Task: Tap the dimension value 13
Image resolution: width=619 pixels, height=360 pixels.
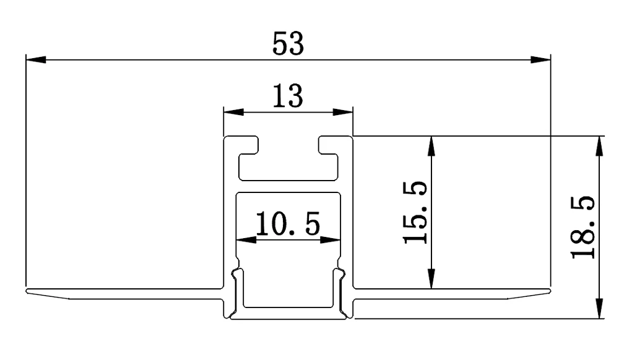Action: [288, 96]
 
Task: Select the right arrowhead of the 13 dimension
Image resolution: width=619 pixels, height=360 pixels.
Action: [343, 113]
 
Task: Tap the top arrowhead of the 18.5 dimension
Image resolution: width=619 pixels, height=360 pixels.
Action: [599, 145]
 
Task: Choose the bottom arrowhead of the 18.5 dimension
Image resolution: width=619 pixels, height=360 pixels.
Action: [599, 309]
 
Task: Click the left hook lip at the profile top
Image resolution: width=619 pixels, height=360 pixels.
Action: [254, 146]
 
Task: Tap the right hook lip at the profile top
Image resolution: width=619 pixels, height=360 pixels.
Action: [323, 146]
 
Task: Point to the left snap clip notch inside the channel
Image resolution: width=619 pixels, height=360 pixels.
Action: [236, 273]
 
